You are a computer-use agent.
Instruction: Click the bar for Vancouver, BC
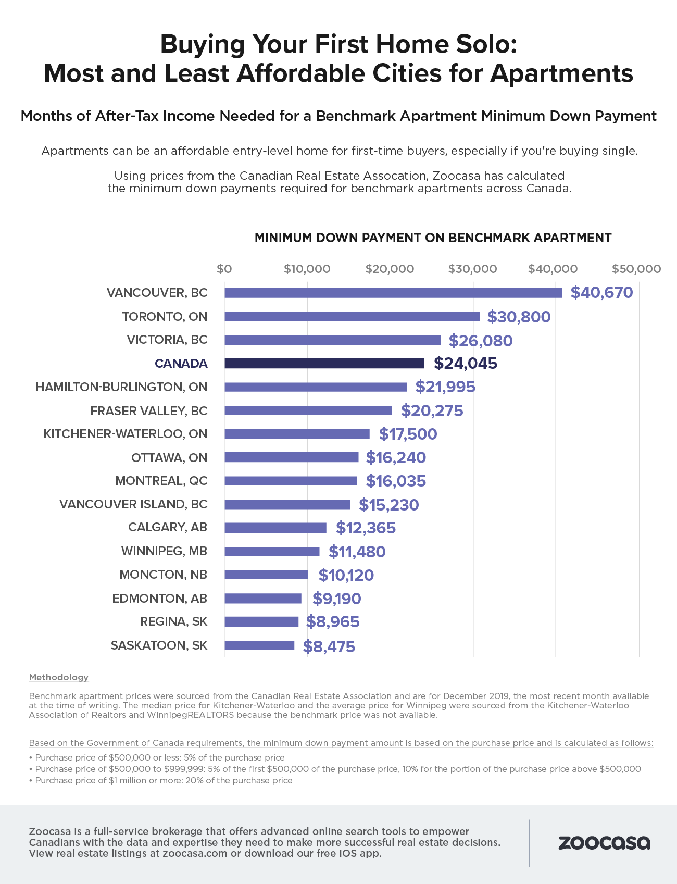click(x=393, y=293)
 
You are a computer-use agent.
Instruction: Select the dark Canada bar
click(x=324, y=364)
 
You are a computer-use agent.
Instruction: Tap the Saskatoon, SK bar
click(x=259, y=645)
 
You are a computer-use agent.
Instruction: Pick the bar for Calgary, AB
click(x=275, y=528)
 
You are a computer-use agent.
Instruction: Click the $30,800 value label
click(x=519, y=317)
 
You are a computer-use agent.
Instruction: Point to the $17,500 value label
click(x=408, y=434)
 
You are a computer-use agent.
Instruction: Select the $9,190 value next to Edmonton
click(x=336, y=599)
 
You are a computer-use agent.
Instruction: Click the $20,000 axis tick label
click(x=390, y=269)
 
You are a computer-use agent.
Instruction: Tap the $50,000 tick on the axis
click(x=636, y=269)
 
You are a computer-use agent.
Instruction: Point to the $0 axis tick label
click(x=224, y=269)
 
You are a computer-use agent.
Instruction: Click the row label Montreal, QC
click(x=161, y=481)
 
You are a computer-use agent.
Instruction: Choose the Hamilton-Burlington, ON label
click(x=121, y=387)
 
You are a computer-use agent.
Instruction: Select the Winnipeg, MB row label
click(x=164, y=551)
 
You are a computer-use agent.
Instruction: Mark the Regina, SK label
click(x=173, y=621)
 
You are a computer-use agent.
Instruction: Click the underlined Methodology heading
click(x=59, y=677)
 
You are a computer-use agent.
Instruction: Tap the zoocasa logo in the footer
click(x=604, y=843)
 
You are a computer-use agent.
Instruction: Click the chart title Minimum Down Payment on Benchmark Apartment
click(x=433, y=238)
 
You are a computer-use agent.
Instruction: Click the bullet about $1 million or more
click(x=164, y=780)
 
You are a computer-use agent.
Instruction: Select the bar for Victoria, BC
click(x=332, y=340)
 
